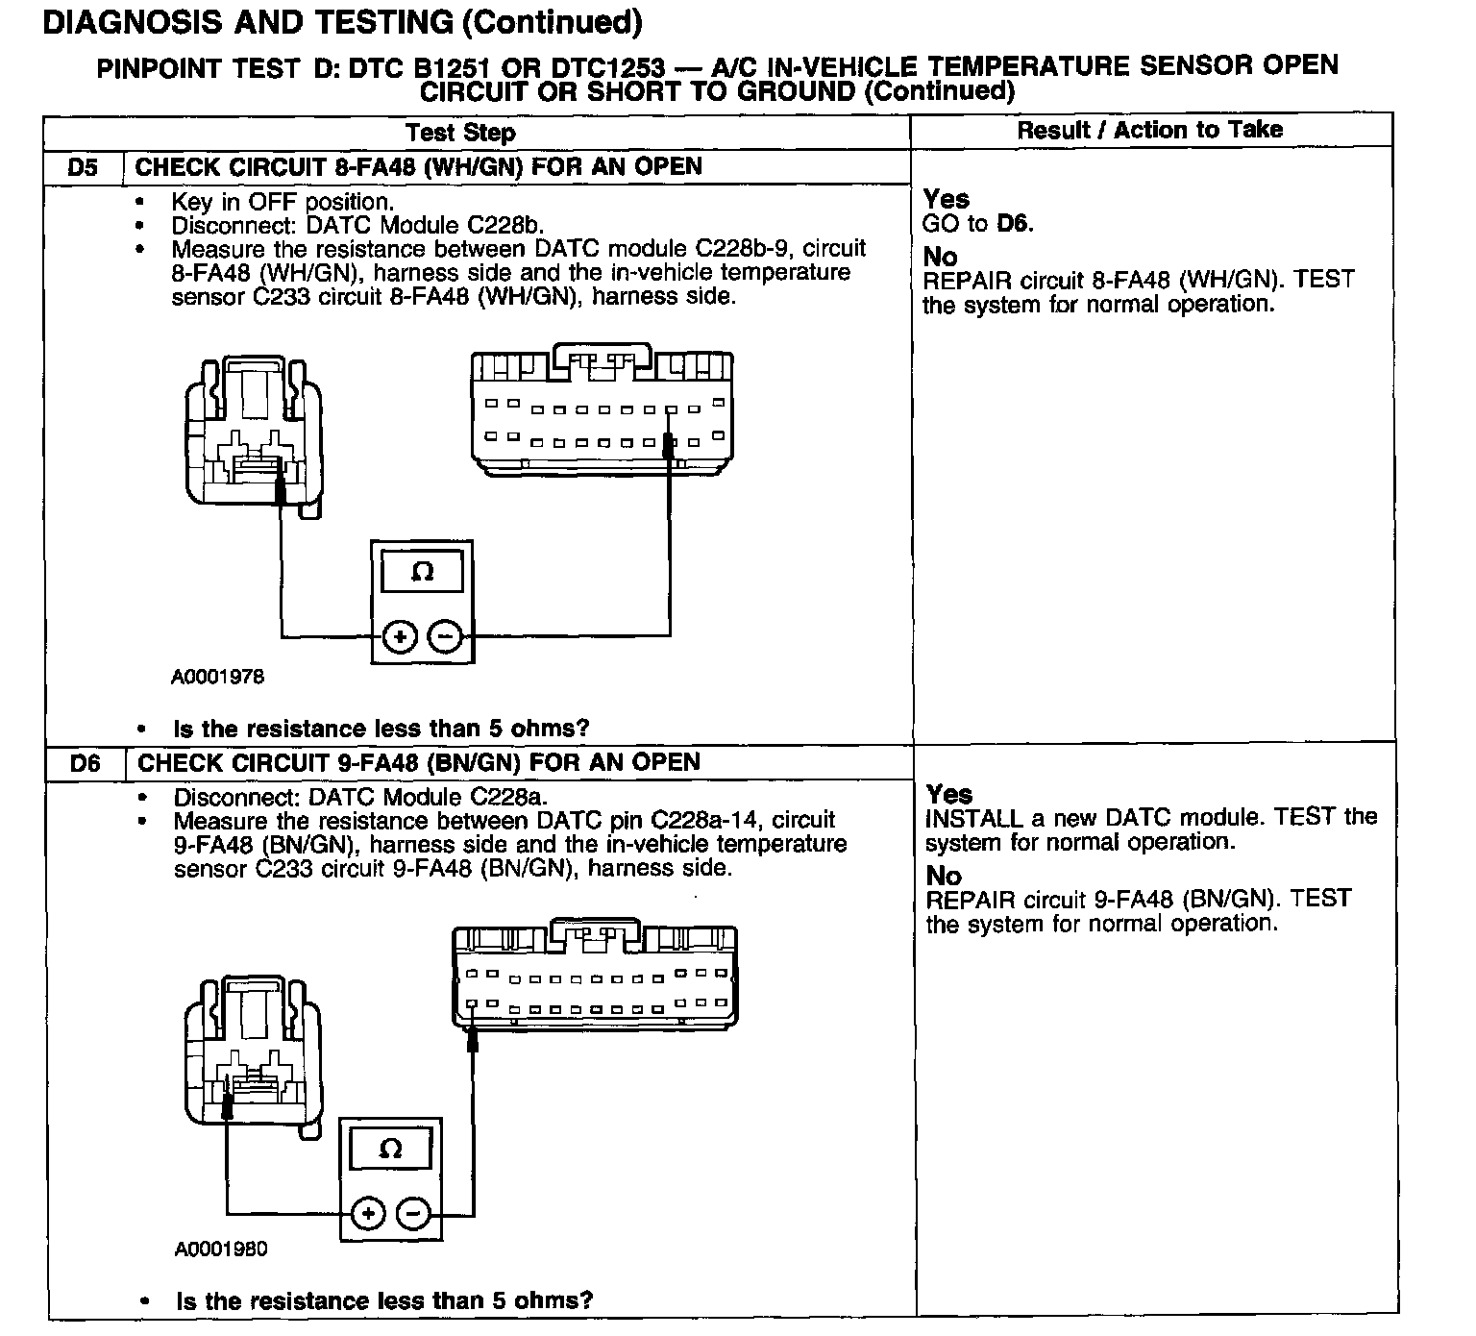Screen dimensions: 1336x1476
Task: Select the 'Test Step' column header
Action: [460, 133]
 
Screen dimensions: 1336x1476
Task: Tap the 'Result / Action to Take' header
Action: [1149, 130]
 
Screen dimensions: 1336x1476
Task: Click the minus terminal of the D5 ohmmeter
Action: [444, 636]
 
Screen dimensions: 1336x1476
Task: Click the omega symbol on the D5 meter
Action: [422, 573]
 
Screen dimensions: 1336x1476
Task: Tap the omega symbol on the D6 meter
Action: [390, 1149]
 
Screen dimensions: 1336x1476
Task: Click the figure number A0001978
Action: [217, 677]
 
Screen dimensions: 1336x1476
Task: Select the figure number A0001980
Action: [221, 1249]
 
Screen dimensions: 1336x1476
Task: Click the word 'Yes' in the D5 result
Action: [946, 199]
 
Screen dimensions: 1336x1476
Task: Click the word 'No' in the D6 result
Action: [943, 876]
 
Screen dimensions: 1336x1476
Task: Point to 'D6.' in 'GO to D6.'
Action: [1015, 224]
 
